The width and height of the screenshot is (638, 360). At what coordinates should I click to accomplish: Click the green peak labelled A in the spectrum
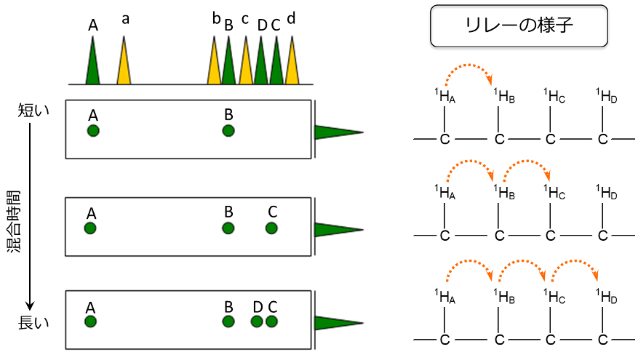coord(92,65)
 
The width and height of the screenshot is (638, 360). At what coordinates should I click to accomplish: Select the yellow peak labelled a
coord(124,65)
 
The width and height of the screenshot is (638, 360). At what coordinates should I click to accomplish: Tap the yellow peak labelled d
coord(292,65)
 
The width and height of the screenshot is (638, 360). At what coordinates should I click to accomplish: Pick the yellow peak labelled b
coord(214,65)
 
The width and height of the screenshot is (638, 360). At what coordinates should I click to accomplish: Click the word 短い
coord(33,110)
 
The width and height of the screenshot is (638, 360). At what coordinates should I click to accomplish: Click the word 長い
coord(33,322)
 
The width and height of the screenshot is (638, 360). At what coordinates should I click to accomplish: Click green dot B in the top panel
coord(228,131)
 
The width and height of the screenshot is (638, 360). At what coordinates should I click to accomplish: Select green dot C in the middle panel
coord(271,228)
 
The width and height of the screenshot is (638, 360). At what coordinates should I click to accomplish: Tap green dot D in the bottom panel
coord(258,321)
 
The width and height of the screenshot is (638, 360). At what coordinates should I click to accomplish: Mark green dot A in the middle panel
coord(90,228)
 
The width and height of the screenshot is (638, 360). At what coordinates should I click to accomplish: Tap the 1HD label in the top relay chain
coord(605,95)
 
